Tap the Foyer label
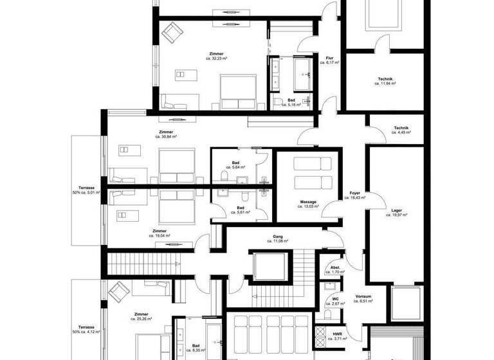[355, 195]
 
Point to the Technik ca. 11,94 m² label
[385, 81]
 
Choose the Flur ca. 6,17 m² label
[333, 60]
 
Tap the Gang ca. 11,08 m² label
[278, 239]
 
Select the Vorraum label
[363, 298]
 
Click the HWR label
[337, 336]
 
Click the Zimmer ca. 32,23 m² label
[217, 55]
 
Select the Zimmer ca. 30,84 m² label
[166, 134]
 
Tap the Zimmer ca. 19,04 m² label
[160, 233]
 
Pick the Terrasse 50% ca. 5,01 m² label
[86, 190]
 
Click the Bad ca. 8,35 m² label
[194, 348]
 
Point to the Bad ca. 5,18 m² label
[291, 102]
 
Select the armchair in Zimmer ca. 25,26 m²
[120, 293]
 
